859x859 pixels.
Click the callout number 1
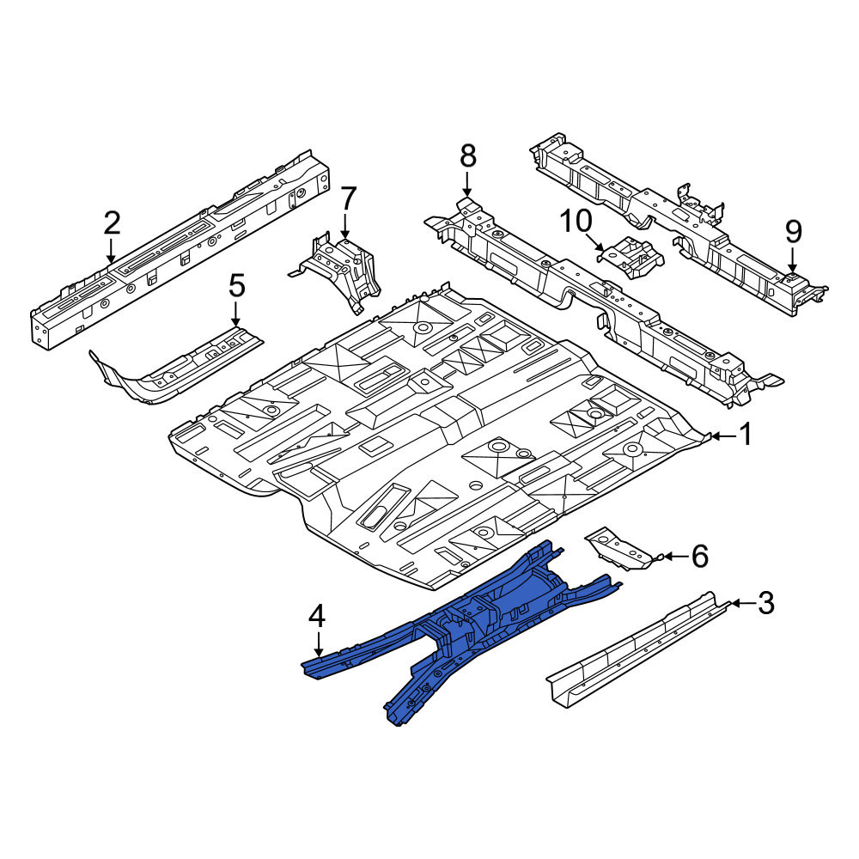(x=746, y=436)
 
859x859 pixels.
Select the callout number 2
(x=111, y=224)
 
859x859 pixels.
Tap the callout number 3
(x=765, y=603)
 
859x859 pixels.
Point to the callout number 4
(x=317, y=618)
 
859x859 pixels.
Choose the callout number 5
(x=236, y=287)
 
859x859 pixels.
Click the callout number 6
(x=699, y=557)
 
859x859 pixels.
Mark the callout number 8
(x=467, y=156)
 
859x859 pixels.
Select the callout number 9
(x=793, y=232)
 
